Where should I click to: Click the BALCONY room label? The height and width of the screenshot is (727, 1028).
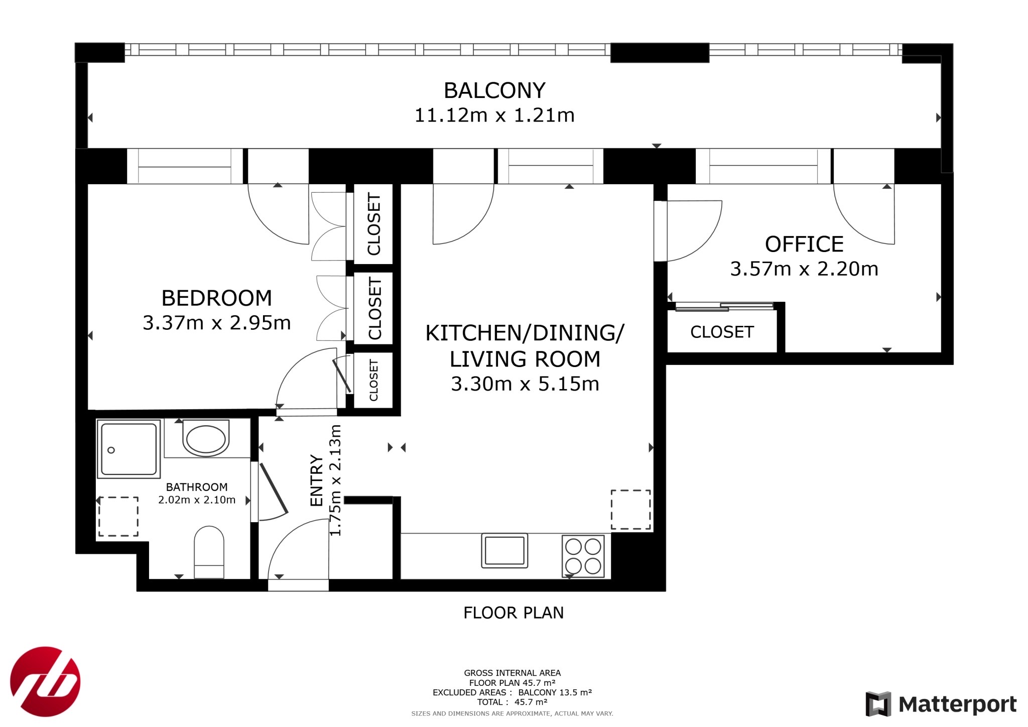coord(494,91)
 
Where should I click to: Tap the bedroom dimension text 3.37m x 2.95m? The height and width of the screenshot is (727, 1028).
coord(217,323)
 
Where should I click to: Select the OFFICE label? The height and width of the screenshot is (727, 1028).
coord(804,245)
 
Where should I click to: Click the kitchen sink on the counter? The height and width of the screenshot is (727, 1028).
coord(504,550)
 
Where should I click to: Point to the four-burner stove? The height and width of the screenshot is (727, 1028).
coord(583,556)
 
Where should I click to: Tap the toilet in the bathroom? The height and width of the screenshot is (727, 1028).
coord(209,552)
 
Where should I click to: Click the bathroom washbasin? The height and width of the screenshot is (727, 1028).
coord(206,439)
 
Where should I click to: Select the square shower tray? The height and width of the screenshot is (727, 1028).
coord(129,449)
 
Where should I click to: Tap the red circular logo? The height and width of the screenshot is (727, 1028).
coord(45,682)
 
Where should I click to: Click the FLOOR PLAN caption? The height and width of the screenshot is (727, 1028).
coord(513,613)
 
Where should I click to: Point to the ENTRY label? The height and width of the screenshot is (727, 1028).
coord(317,480)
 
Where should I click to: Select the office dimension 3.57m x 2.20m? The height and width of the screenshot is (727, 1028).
coord(804,269)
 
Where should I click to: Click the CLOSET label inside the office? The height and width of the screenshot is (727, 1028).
coord(722,332)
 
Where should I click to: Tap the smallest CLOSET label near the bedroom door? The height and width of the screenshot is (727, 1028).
coord(373,380)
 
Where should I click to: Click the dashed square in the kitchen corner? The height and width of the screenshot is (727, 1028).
coord(630,510)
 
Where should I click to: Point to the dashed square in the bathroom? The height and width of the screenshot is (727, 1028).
coord(118,516)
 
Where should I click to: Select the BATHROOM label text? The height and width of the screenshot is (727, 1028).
coord(197,487)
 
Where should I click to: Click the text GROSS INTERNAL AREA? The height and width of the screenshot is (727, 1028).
coord(512,673)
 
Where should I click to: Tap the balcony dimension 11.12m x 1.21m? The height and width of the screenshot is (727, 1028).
coord(494,115)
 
